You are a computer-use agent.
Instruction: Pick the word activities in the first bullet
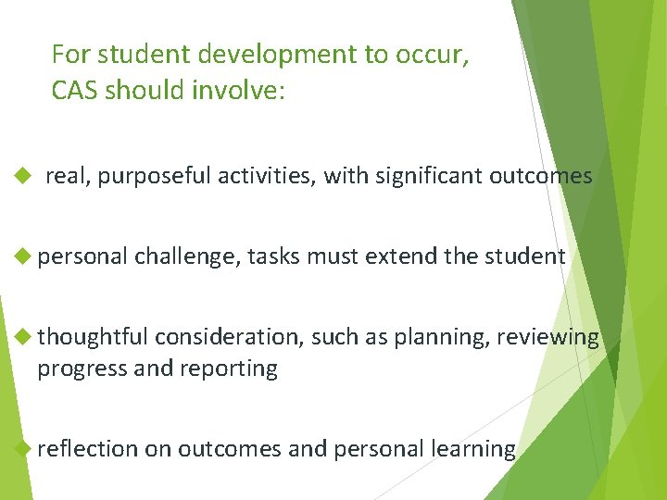[266, 176]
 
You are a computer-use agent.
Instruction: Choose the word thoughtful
[93, 337]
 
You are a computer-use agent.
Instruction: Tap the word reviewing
[547, 337]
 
